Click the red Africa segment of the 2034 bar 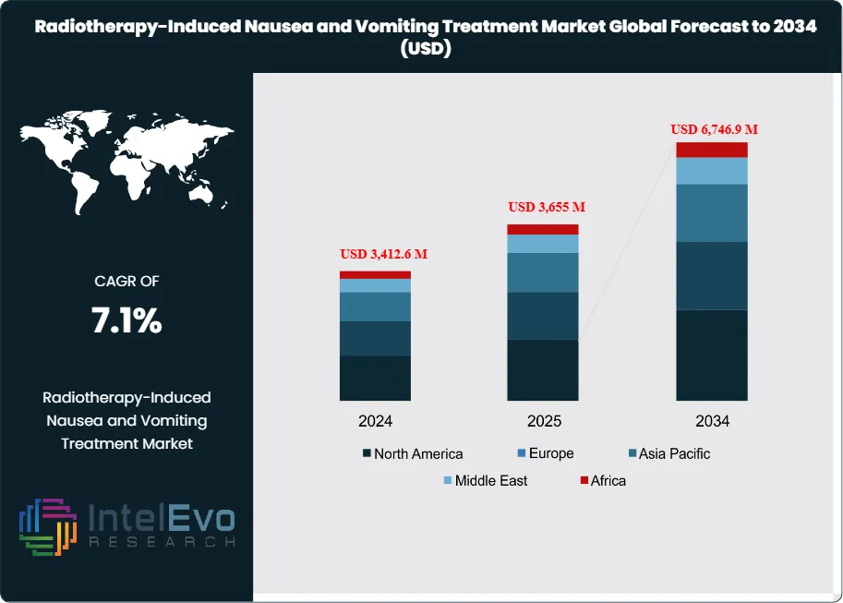[x=711, y=150]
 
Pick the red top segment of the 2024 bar [x=375, y=274]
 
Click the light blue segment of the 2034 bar [x=711, y=171]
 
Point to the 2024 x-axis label [x=376, y=421]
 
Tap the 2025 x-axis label [x=544, y=421]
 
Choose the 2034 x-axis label [x=712, y=421]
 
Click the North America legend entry [x=413, y=453]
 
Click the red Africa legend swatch [x=584, y=480]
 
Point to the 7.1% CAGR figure [x=126, y=320]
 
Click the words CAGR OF [x=126, y=281]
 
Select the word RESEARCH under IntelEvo [x=162, y=542]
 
